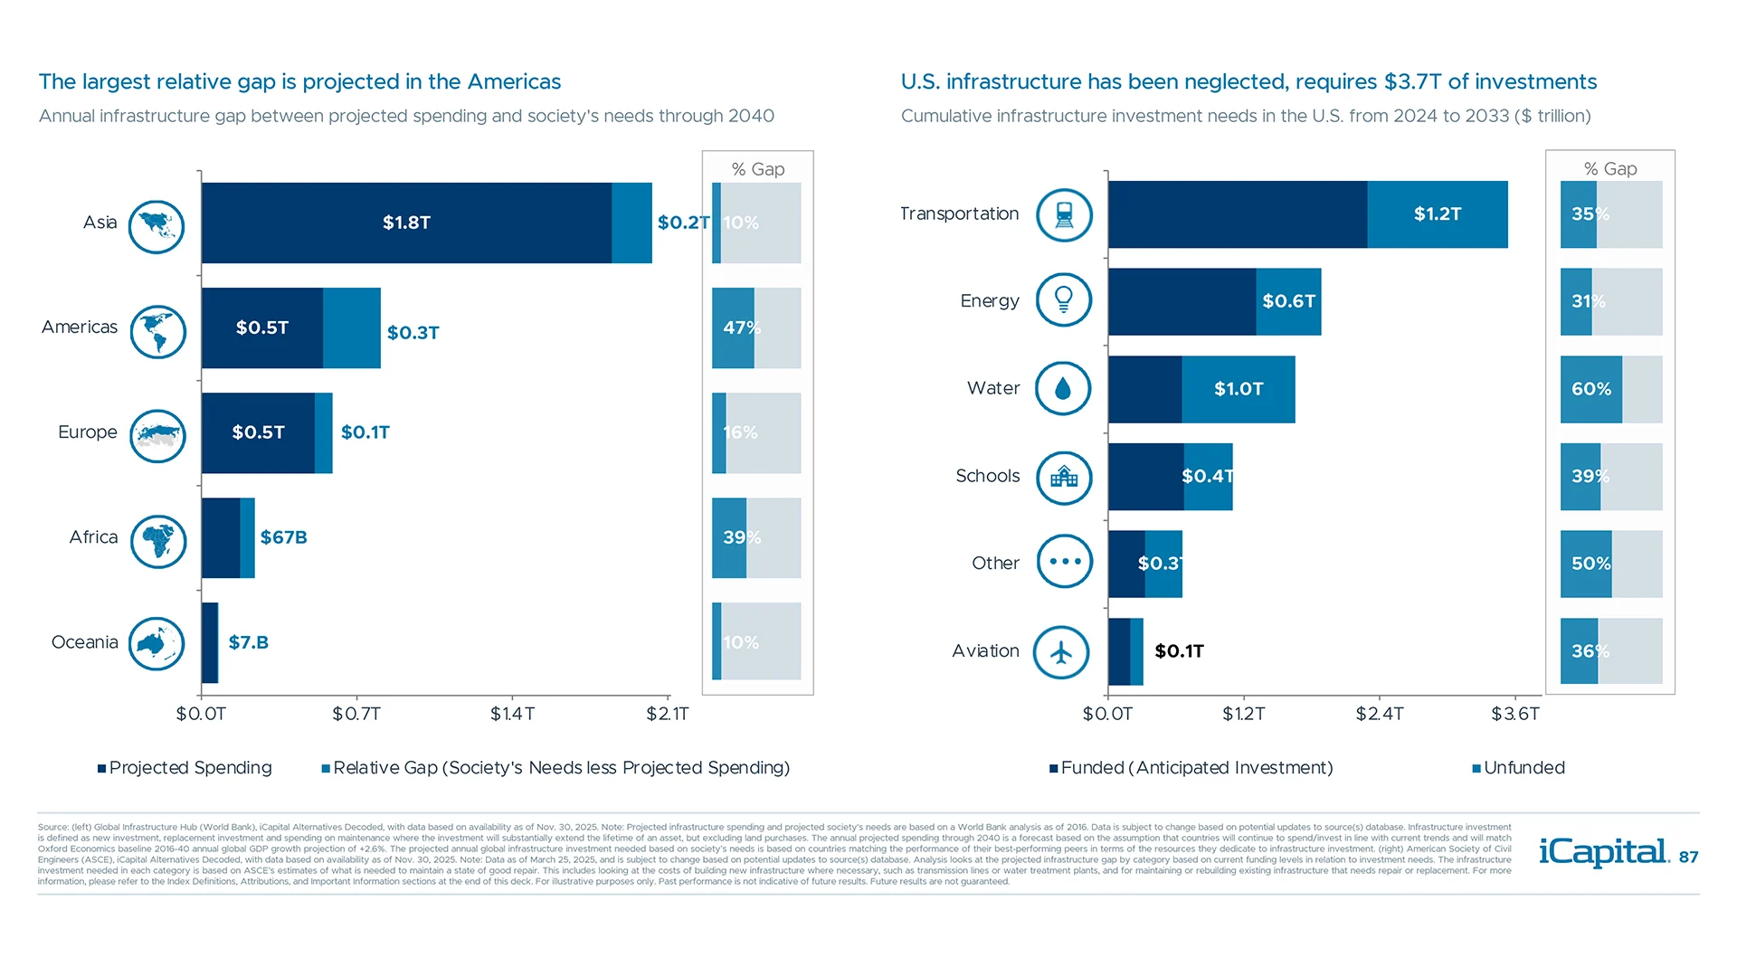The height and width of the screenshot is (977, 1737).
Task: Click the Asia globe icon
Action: coord(157,226)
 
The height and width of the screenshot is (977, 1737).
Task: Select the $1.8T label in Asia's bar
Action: coord(406,223)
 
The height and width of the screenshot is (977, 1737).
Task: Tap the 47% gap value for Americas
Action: coord(741,327)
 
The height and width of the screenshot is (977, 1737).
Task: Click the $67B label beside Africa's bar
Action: coord(283,537)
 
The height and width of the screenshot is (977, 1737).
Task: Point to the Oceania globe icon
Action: coord(157,643)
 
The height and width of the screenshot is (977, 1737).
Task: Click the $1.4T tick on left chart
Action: coord(512,714)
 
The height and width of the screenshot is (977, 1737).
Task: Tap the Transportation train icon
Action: coord(1064,215)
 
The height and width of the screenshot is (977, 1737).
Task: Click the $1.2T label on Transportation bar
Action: coord(1437,214)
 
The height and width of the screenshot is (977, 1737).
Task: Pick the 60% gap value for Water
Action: coord(1590,389)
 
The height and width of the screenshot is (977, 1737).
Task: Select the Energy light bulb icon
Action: coord(1064,300)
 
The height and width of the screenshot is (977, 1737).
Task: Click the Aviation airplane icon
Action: coord(1061,651)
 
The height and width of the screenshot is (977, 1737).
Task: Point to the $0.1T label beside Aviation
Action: coord(1179,651)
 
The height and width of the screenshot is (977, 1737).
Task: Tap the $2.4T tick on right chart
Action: coord(1379,714)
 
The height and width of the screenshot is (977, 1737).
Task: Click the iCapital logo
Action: coord(1603,852)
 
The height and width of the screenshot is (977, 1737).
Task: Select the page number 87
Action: coord(1688,857)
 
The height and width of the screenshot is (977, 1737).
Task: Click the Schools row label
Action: coord(987,476)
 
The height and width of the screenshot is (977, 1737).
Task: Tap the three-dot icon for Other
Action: coord(1065,562)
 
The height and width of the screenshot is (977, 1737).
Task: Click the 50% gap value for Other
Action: coord(1590,564)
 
